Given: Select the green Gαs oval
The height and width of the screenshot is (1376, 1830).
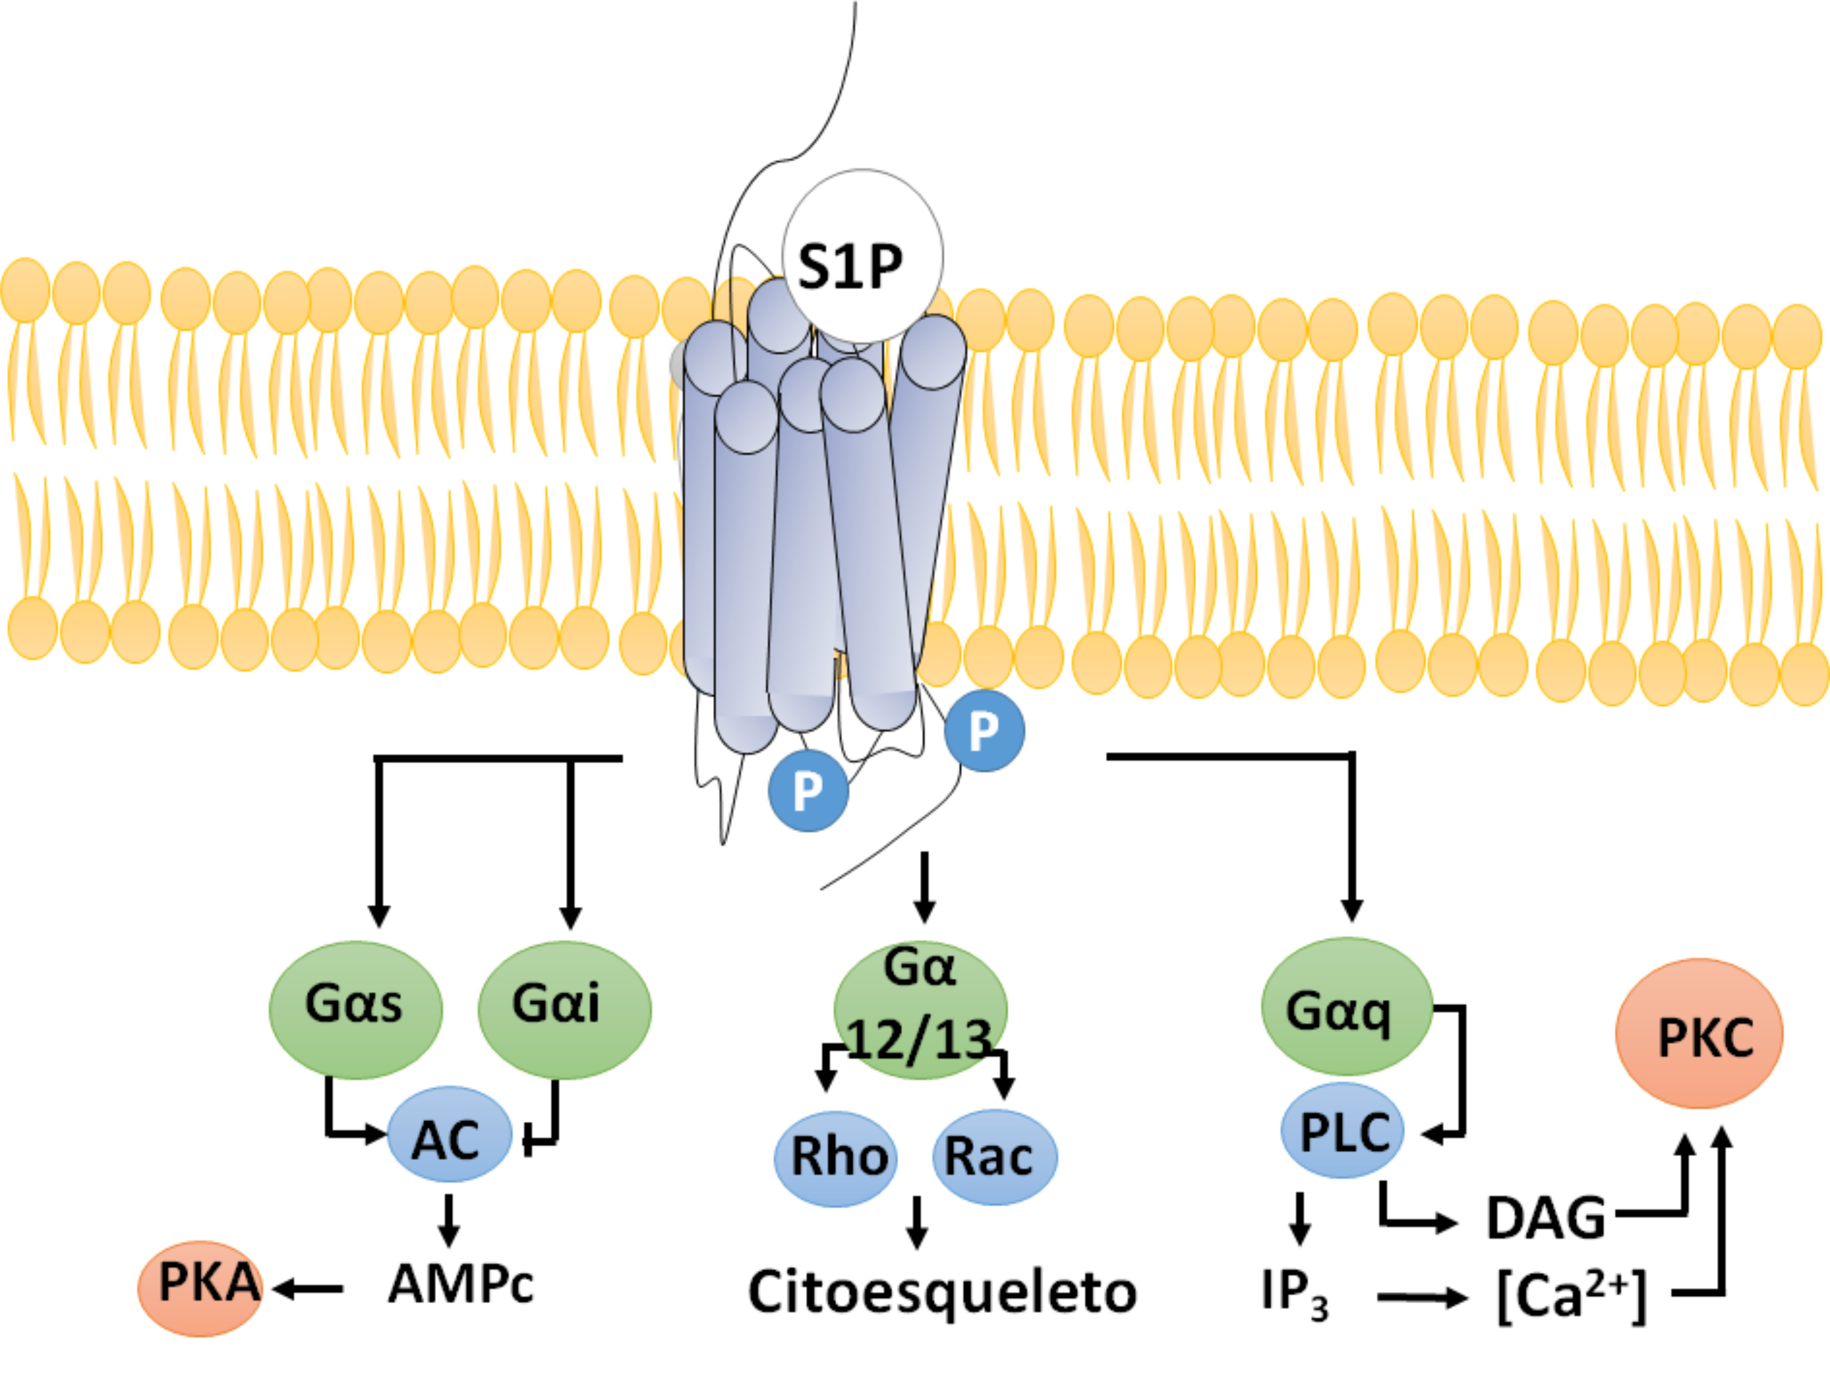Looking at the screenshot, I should coord(356,1010).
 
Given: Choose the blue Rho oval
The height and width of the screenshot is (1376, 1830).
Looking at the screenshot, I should coord(836,1158).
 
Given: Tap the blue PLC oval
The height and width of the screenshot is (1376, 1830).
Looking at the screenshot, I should coord(1342,1130).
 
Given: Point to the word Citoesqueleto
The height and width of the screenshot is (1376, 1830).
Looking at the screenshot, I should coord(942,1292).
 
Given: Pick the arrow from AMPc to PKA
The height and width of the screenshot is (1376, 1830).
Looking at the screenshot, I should coord(308,1288).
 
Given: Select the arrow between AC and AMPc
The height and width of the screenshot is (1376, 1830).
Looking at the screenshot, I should coord(448,1219).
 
